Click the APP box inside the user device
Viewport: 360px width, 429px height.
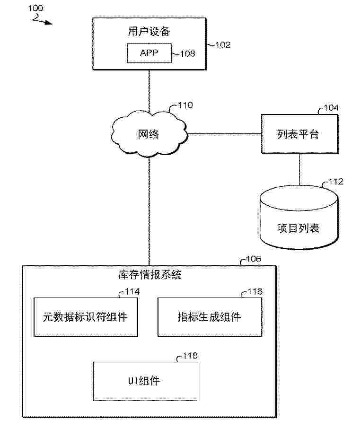149,53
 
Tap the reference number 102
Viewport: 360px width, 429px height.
222,45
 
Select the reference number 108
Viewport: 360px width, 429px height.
187,54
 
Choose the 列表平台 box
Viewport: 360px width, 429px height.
298,134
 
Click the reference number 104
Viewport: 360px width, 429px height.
331,108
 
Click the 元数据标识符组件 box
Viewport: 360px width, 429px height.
86,317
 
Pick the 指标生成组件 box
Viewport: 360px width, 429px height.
209,317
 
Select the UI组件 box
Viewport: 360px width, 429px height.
145,381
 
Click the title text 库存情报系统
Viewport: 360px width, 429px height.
149,275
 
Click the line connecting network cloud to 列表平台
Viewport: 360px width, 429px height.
225,134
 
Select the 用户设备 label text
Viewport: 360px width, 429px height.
149,32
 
